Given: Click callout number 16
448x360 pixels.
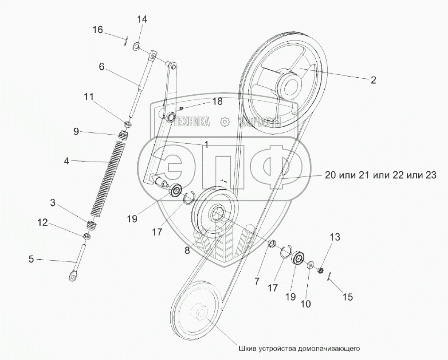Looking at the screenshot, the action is [98, 29].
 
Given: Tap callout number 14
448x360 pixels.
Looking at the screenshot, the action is [142, 20].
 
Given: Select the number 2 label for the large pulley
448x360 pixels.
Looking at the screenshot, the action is [373, 80].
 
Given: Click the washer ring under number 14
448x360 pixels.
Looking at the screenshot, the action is [136, 46].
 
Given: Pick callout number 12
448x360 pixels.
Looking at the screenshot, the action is [43, 222].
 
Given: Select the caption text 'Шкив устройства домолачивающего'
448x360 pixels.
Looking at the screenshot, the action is [298, 349].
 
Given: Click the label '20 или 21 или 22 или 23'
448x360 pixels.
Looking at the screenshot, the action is [380, 175].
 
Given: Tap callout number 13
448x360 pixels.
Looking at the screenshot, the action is [335, 237].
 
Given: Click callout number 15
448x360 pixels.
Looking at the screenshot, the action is [347, 297].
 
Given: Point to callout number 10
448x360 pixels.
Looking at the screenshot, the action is [306, 304].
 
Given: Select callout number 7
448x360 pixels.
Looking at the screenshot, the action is [257, 281].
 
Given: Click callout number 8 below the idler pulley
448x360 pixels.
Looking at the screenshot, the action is [187, 251].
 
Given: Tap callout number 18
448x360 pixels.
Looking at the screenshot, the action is [218, 101].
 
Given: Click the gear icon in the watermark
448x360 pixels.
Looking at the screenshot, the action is [225, 122].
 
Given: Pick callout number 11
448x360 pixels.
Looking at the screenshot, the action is [88, 97].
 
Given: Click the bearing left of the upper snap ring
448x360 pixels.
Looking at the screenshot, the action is [176, 190].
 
